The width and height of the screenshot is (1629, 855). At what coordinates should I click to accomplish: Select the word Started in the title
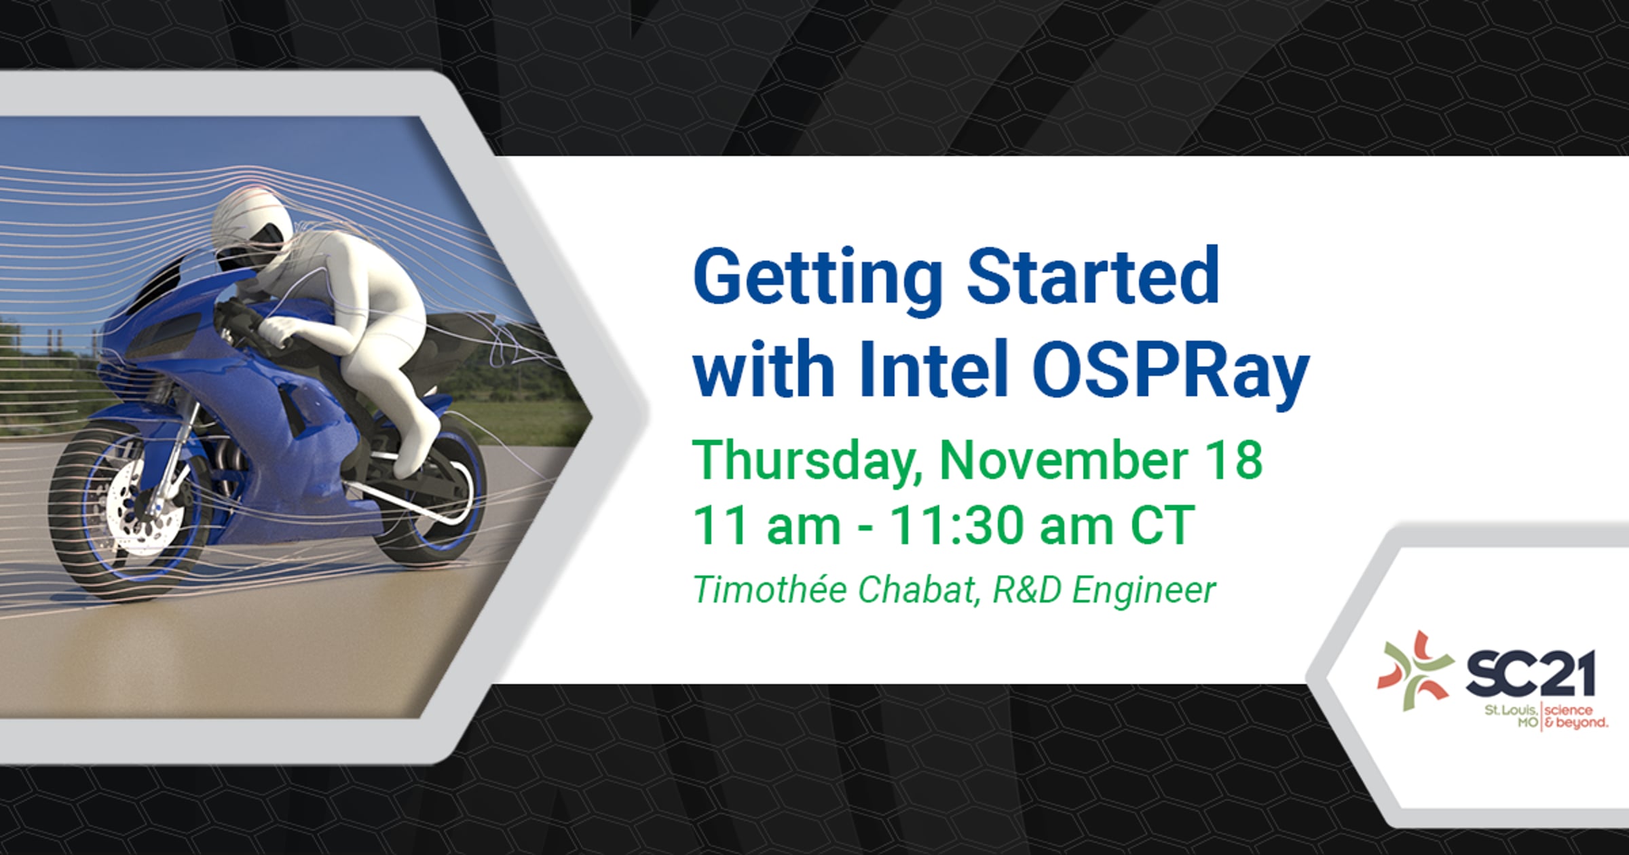[1093, 275]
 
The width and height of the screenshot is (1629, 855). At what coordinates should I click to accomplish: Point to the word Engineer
[1144, 590]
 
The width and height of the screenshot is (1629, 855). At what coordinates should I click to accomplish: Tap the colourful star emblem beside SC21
[1415, 670]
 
